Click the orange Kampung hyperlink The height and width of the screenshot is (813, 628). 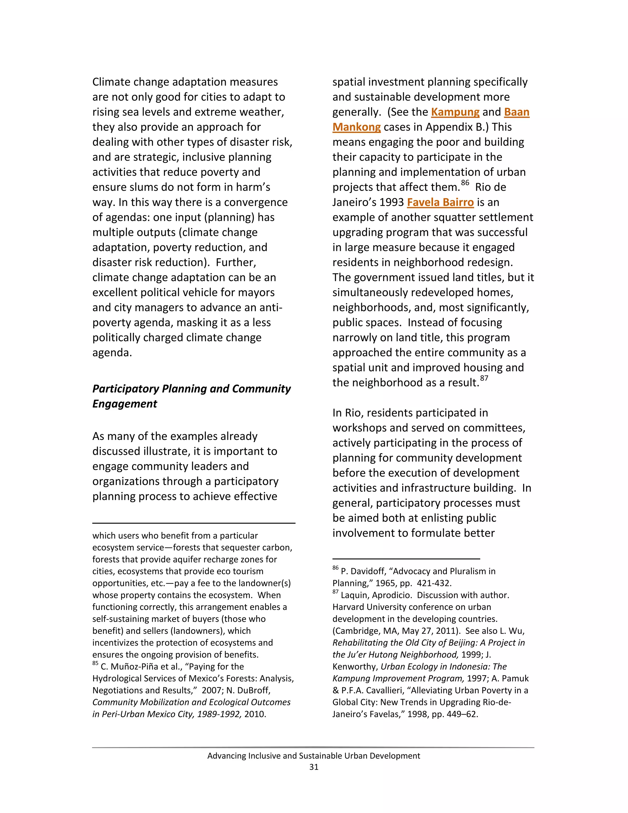(455, 112)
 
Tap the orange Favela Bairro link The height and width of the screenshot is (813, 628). (440, 202)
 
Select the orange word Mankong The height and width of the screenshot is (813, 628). (356, 127)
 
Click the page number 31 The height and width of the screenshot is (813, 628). (314, 767)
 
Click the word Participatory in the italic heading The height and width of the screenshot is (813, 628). (126, 389)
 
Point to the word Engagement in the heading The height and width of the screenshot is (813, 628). (124, 404)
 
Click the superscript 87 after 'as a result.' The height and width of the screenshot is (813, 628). (484, 378)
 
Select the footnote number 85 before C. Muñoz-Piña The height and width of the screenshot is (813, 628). (95, 663)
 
